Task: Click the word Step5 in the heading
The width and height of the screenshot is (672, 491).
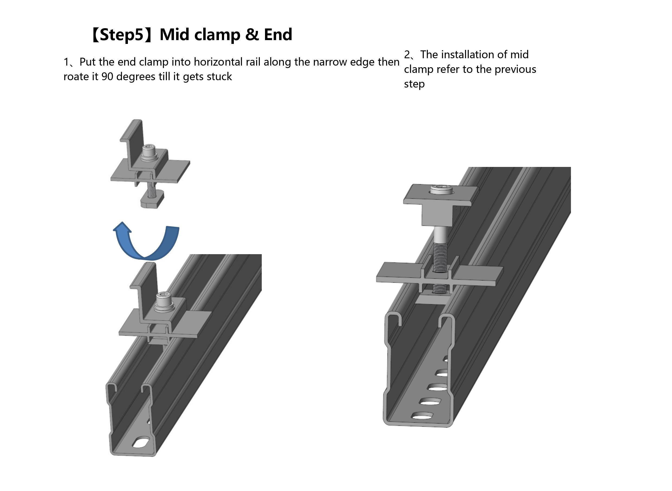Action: [x=122, y=35]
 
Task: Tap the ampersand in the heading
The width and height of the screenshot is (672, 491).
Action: [x=252, y=35]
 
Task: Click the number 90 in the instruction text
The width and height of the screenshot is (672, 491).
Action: [x=107, y=77]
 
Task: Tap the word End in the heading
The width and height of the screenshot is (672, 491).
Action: [x=278, y=35]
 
